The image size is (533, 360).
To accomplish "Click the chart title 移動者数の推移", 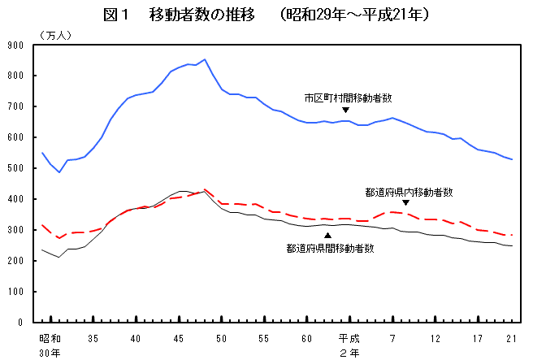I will [x=199, y=15].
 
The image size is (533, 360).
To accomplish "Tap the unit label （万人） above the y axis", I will [x=54, y=34].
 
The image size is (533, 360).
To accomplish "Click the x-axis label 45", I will [x=178, y=337].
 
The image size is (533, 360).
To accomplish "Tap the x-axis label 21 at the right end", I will [x=511, y=337].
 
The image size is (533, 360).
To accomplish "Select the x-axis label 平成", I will [x=349, y=337].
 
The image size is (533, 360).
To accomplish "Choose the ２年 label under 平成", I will [x=349, y=353].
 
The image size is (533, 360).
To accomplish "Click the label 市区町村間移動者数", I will [x=348, y=98].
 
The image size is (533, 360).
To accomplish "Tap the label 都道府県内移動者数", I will [x=409, y=193].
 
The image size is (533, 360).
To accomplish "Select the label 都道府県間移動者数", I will [x=330, y=248].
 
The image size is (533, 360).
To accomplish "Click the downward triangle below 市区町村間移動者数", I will [x=345, y=110].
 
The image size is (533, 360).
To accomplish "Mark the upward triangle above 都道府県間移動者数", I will [x=327, y=236].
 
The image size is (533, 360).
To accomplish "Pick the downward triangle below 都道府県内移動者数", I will [x=405, y=203].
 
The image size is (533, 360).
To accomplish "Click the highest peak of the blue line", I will [x=204, y=59].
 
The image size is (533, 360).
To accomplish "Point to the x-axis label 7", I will [x=392, y=337].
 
